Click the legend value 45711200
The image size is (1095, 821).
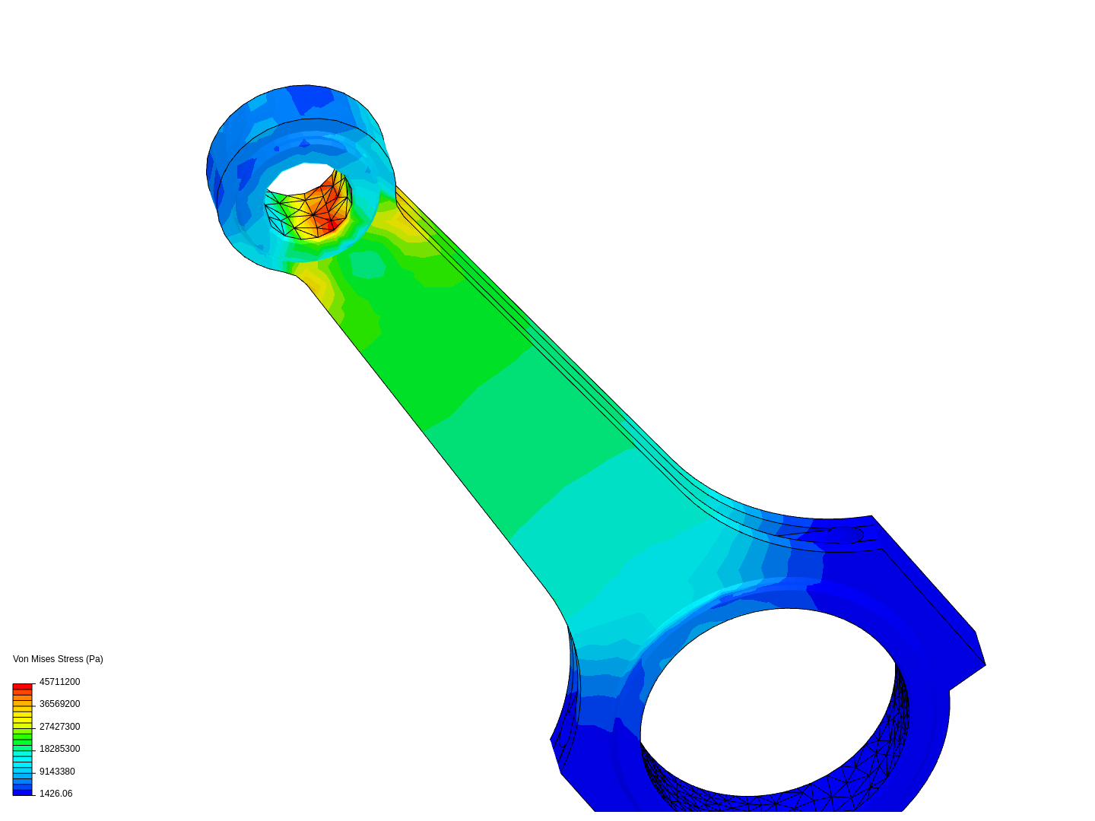click(x=59, y=682)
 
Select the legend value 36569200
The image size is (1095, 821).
click(x=59, y=704)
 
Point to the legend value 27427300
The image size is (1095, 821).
click(x=59, y=727)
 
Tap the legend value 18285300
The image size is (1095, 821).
click(x=59, y=749)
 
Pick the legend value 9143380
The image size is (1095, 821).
click(x=57, y=772)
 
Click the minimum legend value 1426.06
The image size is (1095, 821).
click(x=56, y=794)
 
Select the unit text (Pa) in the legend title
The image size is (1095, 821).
click(x=94, y=659)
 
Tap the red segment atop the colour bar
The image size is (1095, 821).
click(x=22, y=686)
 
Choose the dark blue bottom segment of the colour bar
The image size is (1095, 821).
click(x=22, y=792)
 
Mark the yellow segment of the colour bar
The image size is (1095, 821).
click(x=22, y=717)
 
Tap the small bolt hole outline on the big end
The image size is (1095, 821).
click(x=846, y=534)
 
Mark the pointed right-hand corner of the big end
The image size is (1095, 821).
click(x=984, y=664)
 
